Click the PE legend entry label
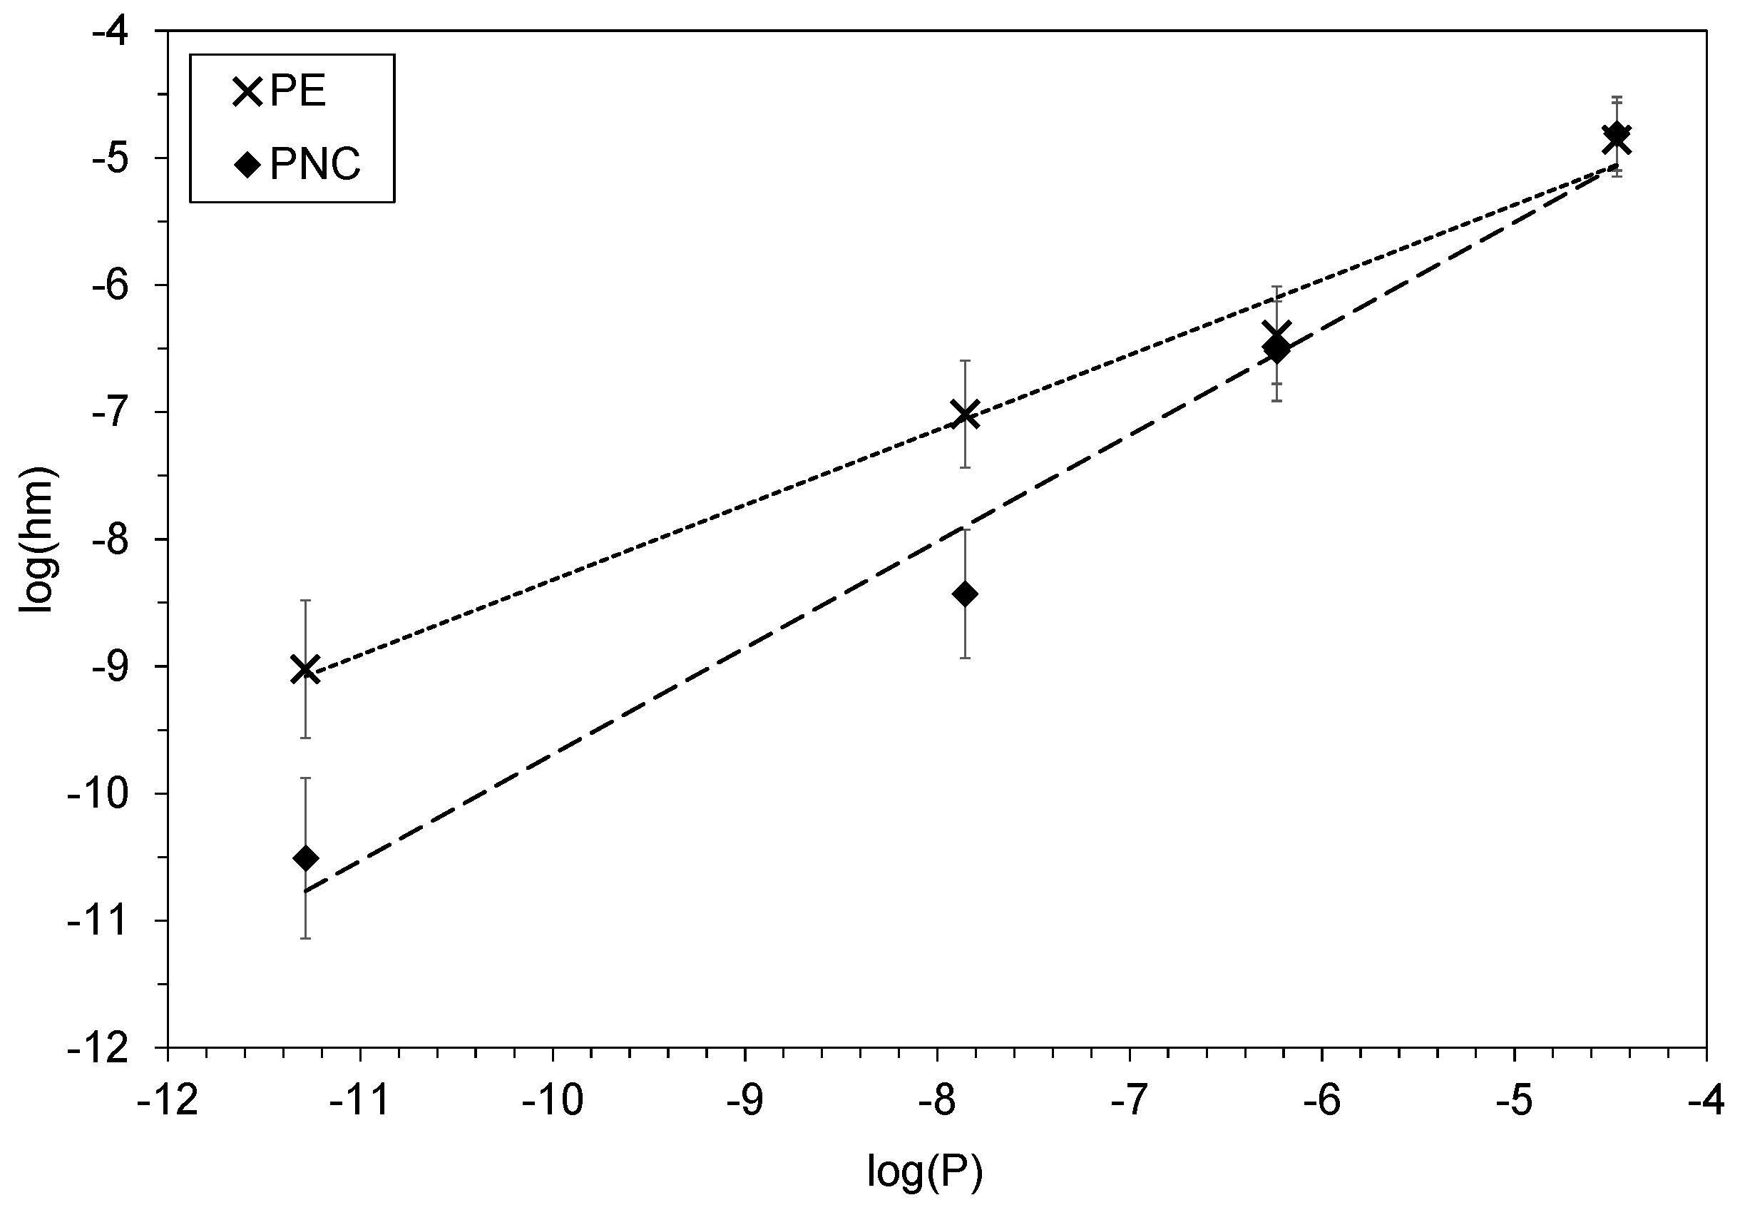297,93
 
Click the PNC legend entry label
315,164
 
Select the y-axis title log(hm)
38,539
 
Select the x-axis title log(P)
925,1171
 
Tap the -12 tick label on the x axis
167,1102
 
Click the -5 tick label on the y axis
120,158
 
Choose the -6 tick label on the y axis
120,285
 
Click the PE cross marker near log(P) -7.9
965,415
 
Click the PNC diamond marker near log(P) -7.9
965,594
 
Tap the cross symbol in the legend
247,93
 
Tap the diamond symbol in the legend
247,165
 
